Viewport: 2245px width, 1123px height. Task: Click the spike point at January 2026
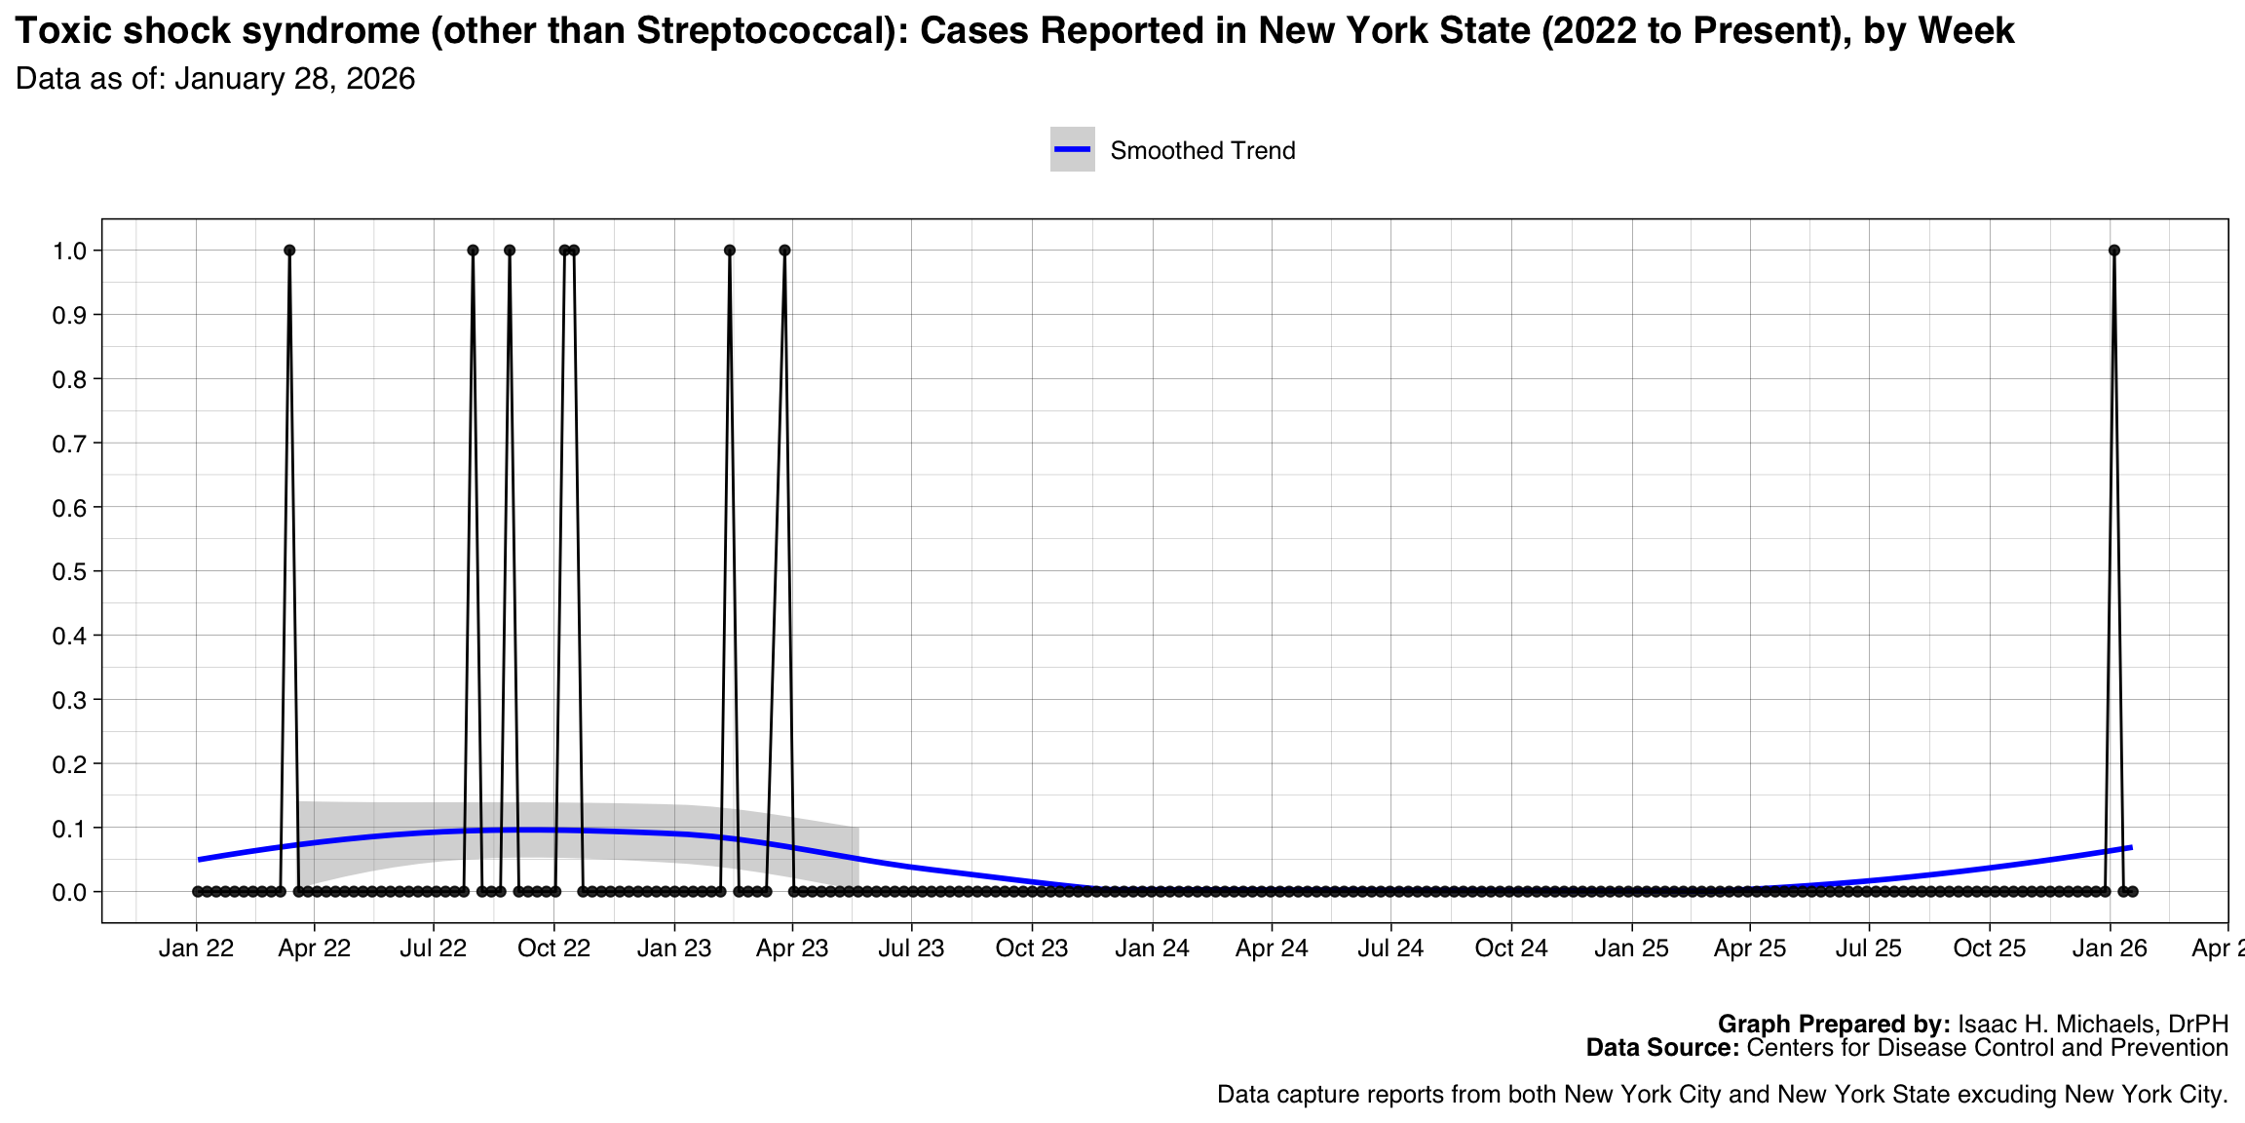2113,251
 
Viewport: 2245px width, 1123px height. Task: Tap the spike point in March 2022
289,251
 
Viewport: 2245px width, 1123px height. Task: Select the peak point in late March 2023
784,251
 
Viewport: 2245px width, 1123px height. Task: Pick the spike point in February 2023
730,251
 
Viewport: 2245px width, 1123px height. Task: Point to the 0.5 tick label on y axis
69,571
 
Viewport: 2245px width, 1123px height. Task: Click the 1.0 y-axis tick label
69,251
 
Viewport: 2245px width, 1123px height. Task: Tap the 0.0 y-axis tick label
69,892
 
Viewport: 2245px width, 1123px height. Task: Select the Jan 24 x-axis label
1152,949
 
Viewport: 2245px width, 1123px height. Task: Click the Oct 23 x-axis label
1032,949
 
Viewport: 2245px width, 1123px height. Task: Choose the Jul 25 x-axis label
1869,949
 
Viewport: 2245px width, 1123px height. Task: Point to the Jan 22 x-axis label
196,949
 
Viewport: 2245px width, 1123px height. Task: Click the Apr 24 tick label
1272,949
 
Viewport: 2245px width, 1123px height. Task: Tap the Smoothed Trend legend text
1202,151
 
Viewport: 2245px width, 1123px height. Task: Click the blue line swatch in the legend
1072,149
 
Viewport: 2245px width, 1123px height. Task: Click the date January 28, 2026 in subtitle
294,79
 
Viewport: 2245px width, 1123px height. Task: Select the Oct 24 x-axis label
1511,949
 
